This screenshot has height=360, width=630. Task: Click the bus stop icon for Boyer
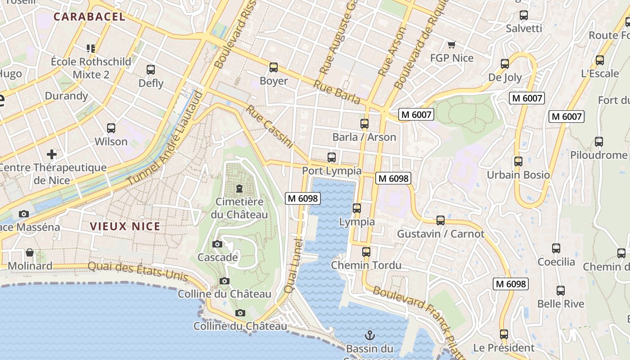pyautogui.click(x=273, y=67)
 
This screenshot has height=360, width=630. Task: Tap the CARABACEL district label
pyautogui.click(x=89, y=17)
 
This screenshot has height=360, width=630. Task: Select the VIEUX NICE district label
pyautogui.click(x=125, y=226)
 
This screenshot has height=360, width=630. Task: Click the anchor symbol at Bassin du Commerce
pyautogui.click(x=369, y=335)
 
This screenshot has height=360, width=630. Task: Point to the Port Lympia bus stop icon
pyautogui.click(x=332, y=157)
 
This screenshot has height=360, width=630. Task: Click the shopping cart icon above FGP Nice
pyautogui.click(x=451, y=45)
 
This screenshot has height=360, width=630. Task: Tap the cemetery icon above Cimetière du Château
pyautogui.click(x=239, y=189)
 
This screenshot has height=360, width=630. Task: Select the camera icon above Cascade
pyautogui.click(x=217, y=244)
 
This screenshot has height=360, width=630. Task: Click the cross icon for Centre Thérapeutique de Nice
pyautogui.click(x=52, y=154)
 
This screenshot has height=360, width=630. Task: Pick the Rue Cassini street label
pyautogui.click(x=270, y=127)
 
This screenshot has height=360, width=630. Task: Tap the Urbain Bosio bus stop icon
pyautogui.click(x=518, y=162)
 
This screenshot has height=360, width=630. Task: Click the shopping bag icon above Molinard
pyautogui.click(x=30, y=252)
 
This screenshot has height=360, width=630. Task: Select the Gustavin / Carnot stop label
pyautogui.click(x=440, y=234)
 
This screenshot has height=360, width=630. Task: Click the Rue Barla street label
pyautogui.click(x=337, y=92)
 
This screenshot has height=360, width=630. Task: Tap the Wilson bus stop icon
pyautogui.click(x=111, y=128)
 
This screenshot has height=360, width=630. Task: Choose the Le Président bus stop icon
pyautogui.click(x=504, y=334)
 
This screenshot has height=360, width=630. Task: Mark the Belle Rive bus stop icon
pyautogui.click(x=560, y=291)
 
